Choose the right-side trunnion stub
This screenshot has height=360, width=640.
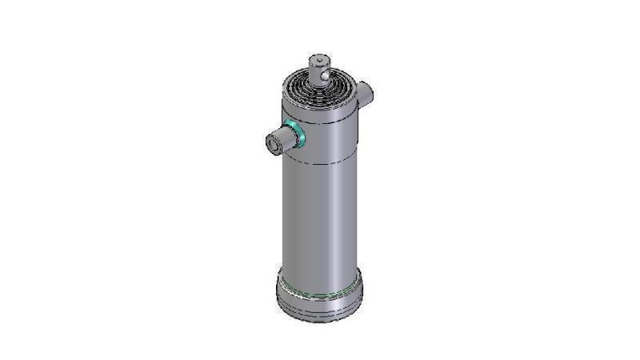pyautogui.click(x=365, y=94)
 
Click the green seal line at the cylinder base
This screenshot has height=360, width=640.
pyautogui.click(x=320, y=293)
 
